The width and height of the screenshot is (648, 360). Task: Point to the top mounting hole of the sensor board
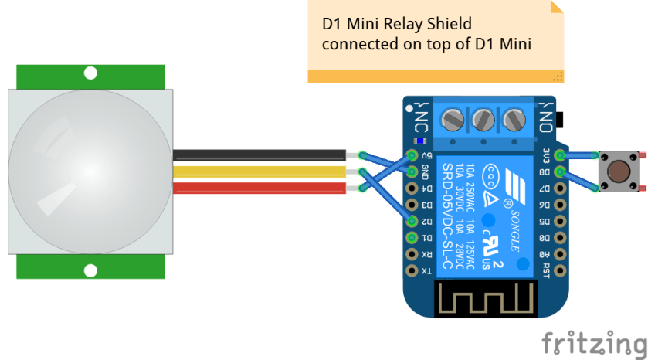click(90, 74)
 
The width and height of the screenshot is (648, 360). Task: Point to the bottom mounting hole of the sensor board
click(90, 270)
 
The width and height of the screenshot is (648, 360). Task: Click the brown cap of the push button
click(616, 171)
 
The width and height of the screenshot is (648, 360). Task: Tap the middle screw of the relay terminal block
click(483, 120)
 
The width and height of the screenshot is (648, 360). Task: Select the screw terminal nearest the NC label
click(452, 120)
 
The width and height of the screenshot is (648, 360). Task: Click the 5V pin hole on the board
click(411, 155)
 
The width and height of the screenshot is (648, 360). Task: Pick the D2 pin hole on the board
click(411, 221)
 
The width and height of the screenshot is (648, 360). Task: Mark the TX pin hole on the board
click(411, 270)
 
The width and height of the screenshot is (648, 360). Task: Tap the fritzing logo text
click(593, 341)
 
